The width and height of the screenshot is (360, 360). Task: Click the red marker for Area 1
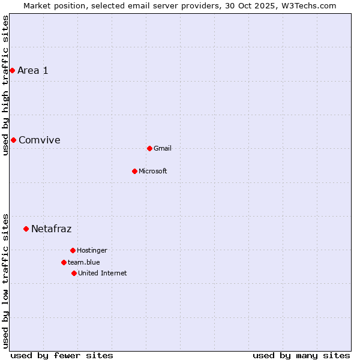click(12, 70)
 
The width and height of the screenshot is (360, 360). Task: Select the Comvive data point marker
click(13, 140)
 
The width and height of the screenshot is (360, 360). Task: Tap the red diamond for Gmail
click(149, 148)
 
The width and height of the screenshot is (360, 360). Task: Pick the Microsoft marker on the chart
click(134, 171)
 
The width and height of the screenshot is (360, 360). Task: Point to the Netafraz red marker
click(26, 229)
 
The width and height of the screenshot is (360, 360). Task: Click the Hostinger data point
click(73, 250)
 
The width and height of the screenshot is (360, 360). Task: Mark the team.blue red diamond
click(64, 262)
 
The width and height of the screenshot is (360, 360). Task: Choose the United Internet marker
click(74, 273)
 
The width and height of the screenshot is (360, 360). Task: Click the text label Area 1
click(33, 70)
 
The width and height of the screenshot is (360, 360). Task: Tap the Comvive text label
click(40, 140)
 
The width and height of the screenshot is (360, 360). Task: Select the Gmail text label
click(163, 148)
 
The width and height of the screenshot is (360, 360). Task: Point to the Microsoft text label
click(153, 171)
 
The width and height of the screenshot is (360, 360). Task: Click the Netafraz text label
click(52, 229)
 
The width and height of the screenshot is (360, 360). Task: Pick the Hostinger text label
click(92, 250)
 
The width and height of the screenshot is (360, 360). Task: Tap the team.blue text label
click(84, 262)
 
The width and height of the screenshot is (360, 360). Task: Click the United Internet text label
click(103, 273)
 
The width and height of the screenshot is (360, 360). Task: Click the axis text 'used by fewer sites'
click(62, 355)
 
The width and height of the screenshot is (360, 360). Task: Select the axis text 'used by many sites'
click(301, 355)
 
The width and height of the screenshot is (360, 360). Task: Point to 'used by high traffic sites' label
click(5, 85)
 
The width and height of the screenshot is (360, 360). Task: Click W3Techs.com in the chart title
click(308, 5)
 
